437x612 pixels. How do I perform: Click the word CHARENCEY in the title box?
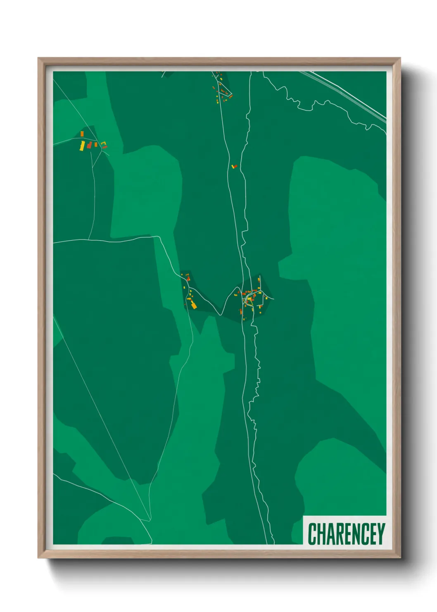[x=346, y=534]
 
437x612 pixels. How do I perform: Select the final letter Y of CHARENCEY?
[x=380, y=534]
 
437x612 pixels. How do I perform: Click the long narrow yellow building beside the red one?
[x=82, y=146]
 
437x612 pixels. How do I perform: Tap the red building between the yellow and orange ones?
[x=89, y=145]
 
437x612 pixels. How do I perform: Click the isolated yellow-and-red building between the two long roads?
[x=234, y=166]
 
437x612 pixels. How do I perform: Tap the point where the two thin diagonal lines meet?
[x=150, y=520]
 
